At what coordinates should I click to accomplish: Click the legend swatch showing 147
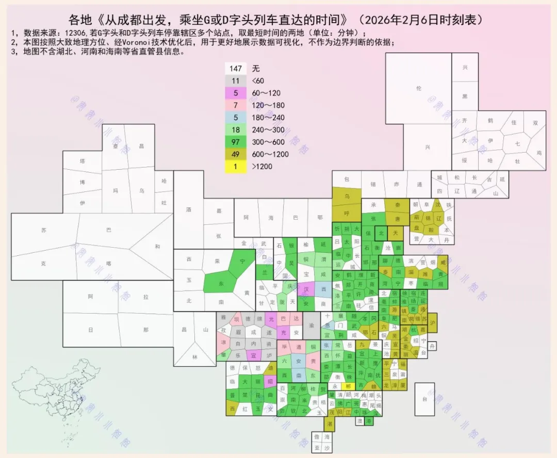coord(236,69)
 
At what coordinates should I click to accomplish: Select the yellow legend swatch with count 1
coord(236,166)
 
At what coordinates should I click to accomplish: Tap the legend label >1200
coord(262,166)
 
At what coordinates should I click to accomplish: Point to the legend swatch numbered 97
coord(236,142)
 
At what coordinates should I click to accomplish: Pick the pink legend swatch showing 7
coord(236,105)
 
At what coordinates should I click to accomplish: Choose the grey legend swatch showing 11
coord(236,80)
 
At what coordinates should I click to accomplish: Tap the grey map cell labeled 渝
coord(311,326)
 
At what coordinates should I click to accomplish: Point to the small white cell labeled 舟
coord(432,345)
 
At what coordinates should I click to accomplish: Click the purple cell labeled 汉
coord(306,289)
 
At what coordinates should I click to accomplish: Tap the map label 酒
coord(188,210)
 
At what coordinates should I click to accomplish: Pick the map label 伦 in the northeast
coord(418,88)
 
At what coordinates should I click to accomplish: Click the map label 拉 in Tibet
coord(146,297)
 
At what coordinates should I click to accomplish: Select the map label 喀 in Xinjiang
coord(108,263)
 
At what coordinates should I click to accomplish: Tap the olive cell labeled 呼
coord(347,212)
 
